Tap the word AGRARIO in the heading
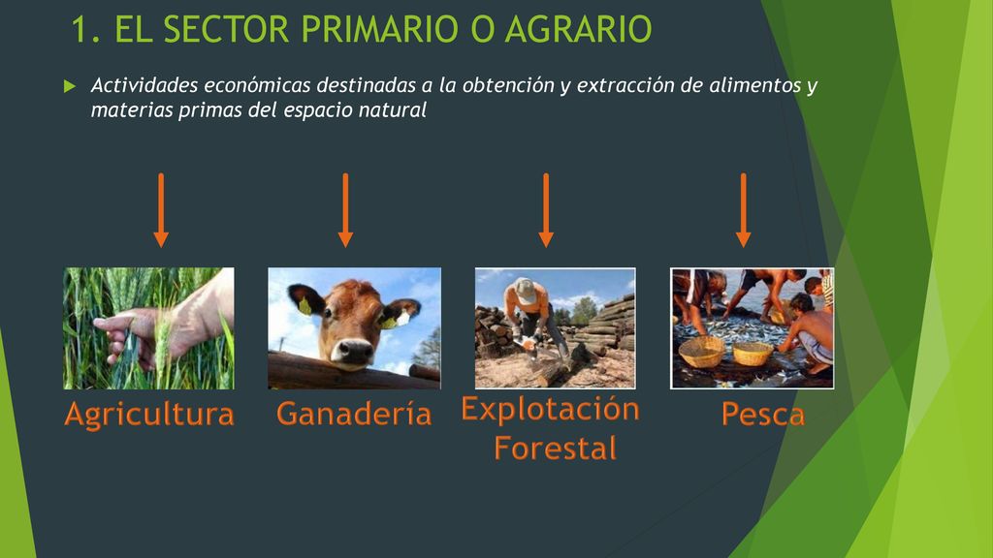pos(578,29)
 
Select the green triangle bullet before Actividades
pos(70,86)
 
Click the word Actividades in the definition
pos(144,85)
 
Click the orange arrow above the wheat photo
pos(161,210)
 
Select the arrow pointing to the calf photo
pos(345,210)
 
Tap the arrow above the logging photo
pos(546,210)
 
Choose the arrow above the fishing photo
pos(744,210)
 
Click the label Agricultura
pos(149,415)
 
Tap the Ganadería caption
pos(354,413)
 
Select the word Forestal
pos(555,448)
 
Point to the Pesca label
pos(763,415)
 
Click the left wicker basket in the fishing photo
pos(701,352)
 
